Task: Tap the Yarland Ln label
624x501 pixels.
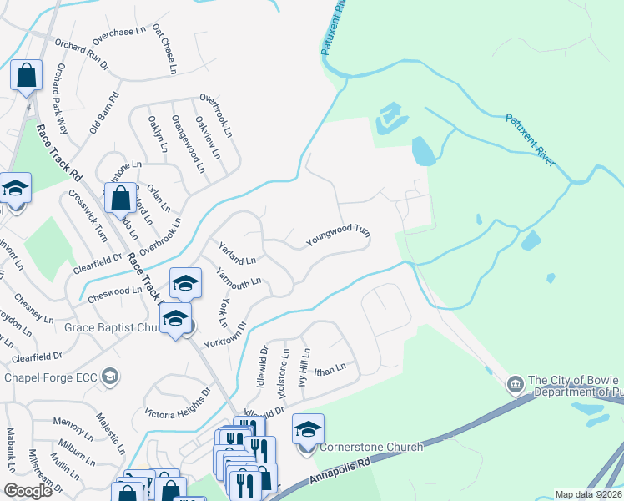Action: coord(237,252)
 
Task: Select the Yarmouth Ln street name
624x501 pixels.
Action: coord(239,280)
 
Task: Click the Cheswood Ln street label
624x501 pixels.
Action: coord(115,292)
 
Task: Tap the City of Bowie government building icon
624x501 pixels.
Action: coord(515,385)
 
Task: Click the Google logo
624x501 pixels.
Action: coord(28,491)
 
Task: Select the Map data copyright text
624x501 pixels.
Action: coord(588,494)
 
